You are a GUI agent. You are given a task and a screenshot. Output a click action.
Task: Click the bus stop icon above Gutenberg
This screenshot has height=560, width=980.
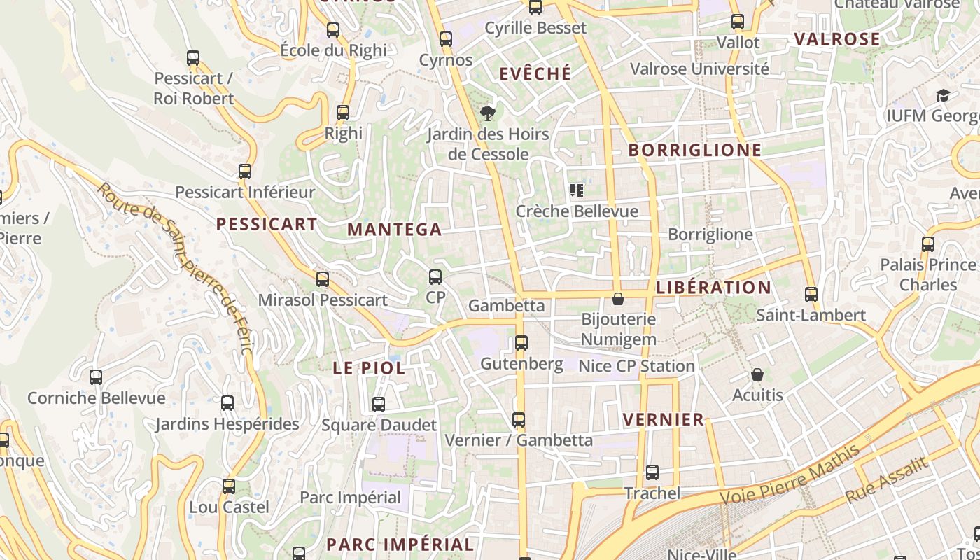point(521,343)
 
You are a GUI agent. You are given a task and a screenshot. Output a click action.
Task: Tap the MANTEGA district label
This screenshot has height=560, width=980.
point(395,230)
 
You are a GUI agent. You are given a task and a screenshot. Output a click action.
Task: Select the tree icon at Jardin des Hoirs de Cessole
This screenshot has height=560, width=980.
point(488,113)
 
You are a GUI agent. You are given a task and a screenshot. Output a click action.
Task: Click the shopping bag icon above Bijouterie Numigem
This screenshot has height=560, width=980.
point(618,300)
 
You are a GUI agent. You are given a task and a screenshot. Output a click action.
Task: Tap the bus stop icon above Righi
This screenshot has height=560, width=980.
point(343,113)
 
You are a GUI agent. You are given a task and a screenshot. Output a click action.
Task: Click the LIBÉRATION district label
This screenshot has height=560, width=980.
point(713,288)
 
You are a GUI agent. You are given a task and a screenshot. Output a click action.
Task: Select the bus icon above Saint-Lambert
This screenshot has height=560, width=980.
point(811,295)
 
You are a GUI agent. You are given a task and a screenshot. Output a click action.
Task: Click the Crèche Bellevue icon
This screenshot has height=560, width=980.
point(577,190)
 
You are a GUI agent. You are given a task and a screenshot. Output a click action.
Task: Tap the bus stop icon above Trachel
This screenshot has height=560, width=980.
point(652,472)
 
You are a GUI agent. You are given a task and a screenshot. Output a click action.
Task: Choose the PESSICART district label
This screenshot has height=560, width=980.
point(267,224)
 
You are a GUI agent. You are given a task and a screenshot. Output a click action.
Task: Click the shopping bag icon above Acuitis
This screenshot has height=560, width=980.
point(757,375)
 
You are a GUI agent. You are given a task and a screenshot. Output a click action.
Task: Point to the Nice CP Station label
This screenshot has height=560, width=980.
point(636,366)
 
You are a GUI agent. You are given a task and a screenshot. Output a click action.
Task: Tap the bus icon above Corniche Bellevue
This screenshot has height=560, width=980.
point(96,377)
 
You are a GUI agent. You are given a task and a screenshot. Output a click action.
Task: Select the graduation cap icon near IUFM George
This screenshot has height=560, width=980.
point(943,95)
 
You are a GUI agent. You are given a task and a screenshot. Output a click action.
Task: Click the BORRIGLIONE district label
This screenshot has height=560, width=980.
point(694,150)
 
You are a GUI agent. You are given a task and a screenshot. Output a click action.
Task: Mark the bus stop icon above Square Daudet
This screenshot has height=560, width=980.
point(379,405)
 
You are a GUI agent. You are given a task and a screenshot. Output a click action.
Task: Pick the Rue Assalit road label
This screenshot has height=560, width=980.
point(886,479)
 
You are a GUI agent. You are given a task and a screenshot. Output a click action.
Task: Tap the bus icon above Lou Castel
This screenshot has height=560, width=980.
point(229,486)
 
